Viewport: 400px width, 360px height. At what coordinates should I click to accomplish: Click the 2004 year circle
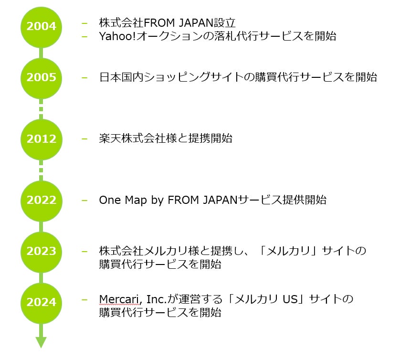(x=41, y=27)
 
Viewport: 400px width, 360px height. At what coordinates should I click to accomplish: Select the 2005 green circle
(x=41, y=78)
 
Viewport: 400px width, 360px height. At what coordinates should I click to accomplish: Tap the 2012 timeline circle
(x=41, y=139)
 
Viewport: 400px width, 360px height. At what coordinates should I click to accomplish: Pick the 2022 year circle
(x=41, y=201)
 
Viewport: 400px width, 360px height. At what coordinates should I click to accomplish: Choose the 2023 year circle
(x=41, y=252)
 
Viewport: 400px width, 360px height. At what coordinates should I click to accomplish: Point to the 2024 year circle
(x=41, y=302)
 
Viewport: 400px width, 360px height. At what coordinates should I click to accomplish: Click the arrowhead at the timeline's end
(x=41, y=342)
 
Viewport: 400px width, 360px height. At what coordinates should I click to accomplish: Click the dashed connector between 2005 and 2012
(x=41, y=109)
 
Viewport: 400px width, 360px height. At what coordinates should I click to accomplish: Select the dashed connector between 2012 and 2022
(x=41, y=170)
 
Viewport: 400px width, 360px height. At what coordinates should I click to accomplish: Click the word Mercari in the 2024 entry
(x=118, y=299)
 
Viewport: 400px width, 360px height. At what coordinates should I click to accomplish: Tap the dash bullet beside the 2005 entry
(x=85, y=77)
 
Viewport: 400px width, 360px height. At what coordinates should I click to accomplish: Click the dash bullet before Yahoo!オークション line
(x=85, y=36)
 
